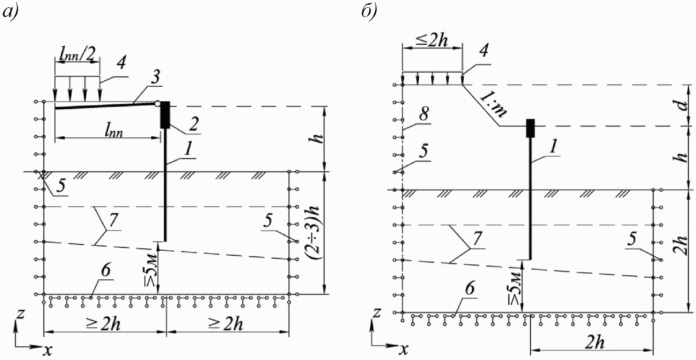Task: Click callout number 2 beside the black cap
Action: (194, 124)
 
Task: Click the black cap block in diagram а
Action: (165, 115)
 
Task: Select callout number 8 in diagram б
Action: (424, 115)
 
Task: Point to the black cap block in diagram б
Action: (531, 128)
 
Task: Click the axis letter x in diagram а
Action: (47, 349)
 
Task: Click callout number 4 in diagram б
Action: (484, 51)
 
